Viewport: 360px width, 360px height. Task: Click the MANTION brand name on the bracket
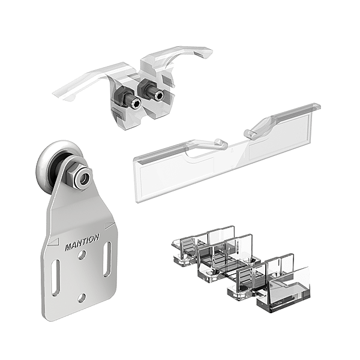[x=82, y=242]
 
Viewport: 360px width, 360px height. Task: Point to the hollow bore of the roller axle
[x=84, y=178]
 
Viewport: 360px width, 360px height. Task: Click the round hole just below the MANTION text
[x=82, y=255]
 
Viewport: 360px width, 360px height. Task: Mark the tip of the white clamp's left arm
[x=53, y=94]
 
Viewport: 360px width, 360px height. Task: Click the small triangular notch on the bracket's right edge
[x=109, y=226]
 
